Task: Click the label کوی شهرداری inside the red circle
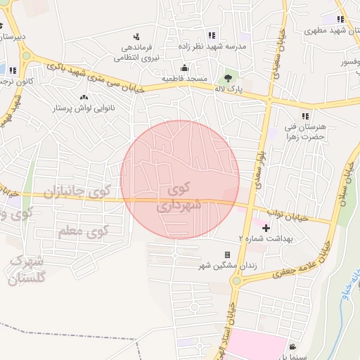pos(181,198)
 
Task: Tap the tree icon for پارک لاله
pos(228,78)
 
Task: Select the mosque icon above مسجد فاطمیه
pos(184,68)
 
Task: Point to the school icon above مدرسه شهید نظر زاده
pos(211,36)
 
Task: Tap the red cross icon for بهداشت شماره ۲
pos(266,228)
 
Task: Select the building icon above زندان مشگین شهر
pos(227,255)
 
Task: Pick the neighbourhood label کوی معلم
pos(83,231)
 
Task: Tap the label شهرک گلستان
pos(27,270)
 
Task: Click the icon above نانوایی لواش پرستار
pos(84,96)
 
